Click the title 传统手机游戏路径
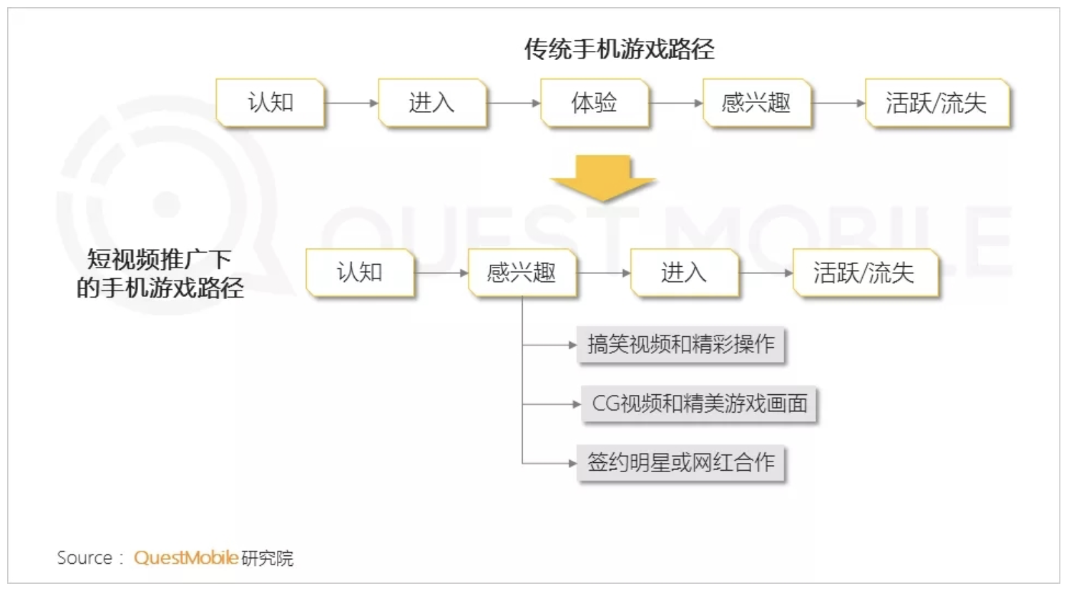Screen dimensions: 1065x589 point(619,49)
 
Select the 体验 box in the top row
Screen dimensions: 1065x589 point(595,102)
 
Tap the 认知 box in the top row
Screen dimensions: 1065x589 point(270,102)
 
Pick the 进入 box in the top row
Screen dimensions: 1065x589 point(432,102)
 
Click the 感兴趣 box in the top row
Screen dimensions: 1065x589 point(757,102)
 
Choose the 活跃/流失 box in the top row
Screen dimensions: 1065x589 point(937,102)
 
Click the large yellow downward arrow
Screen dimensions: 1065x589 point(603,178)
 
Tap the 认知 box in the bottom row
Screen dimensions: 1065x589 point(360,273)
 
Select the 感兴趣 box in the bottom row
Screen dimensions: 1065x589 point(522,273)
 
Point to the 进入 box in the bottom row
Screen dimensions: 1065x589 point(684,273)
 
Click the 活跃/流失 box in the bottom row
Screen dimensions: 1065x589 point(865,273)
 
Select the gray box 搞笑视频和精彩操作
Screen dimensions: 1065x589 point(680,345)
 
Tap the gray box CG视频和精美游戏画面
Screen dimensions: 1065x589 point(698,403)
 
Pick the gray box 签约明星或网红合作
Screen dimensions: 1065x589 point(680,463)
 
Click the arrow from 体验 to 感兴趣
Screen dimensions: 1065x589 point(676,103)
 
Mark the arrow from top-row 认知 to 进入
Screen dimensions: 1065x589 point(351,103)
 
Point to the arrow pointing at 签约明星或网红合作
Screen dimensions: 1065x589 point(549,463)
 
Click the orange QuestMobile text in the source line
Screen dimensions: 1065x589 point(186,558)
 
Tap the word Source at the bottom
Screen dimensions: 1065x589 point(85,558)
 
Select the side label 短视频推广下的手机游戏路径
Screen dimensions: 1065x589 point(160,273)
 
